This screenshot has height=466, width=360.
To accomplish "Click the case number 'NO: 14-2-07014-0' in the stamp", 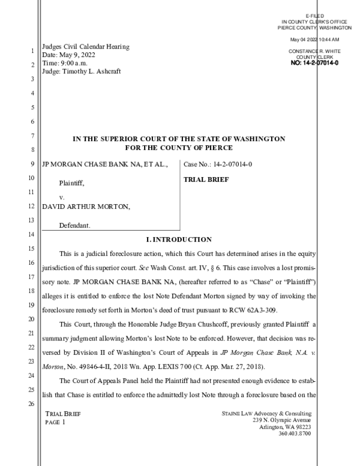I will click(x=314, y=62).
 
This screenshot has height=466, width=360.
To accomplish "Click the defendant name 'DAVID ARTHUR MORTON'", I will click(x=85, y=206).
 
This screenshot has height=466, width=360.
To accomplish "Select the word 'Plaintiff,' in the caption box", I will click(x=71, y=183).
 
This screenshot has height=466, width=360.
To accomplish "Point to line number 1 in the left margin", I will click(x=31, y=51).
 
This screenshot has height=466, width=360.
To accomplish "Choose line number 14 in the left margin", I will click(x=31, y=234).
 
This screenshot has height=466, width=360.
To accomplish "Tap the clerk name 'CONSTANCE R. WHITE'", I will click(x=314, y=52).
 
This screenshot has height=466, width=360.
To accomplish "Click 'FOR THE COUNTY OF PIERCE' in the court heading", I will click(x=179, y=148).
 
